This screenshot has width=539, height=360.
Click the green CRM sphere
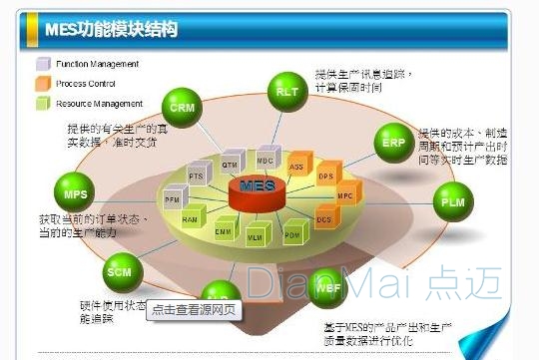[182, 105]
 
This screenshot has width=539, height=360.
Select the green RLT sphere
[287, 90]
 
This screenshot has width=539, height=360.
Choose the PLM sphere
[452, 201]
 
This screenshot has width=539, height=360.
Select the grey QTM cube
[231, 164]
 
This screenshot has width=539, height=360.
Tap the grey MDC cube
[265, 160]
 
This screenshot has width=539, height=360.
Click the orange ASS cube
[296, 166]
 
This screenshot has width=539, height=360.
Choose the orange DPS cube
[325, 178]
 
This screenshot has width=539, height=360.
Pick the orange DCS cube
[323, 218]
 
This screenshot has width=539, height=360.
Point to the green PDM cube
[291, 235]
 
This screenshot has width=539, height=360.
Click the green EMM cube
[223, 231]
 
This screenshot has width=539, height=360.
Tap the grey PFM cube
[175, 195]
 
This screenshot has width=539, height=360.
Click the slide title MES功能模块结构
[112, 29]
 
